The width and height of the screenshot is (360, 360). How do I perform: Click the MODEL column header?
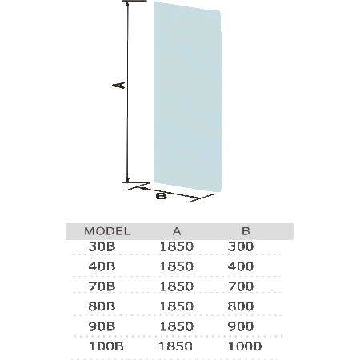point(107,231)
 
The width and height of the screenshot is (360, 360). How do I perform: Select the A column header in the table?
point(177,231)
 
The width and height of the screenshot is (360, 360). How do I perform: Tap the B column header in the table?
point(246,231)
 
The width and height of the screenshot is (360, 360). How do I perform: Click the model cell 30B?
point(102,246)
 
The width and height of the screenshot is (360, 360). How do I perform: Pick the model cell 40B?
point(102,266)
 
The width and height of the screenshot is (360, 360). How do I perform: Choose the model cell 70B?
point(102,286)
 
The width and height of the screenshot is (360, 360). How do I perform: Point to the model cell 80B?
point(102,306)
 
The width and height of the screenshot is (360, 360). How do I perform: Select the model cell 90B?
point(102,326)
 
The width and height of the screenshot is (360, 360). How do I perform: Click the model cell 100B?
point(106,346)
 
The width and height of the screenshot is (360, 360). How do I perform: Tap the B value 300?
point(241,246)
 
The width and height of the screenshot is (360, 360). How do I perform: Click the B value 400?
point(241,266)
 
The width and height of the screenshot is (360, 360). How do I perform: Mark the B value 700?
point(241,286)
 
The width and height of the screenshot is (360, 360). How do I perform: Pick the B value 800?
point(241,306)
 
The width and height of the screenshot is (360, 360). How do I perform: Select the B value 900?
point(241,326)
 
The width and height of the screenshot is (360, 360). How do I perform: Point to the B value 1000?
point(245,346)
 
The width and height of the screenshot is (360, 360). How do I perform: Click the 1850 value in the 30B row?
point(177,246)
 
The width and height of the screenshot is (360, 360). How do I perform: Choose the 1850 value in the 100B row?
point(175,346)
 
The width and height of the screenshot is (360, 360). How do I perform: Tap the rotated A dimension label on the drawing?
point(118,86)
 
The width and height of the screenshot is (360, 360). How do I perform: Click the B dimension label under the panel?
point(161,196)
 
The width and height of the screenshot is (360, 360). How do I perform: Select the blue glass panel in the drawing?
point(187,97)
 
